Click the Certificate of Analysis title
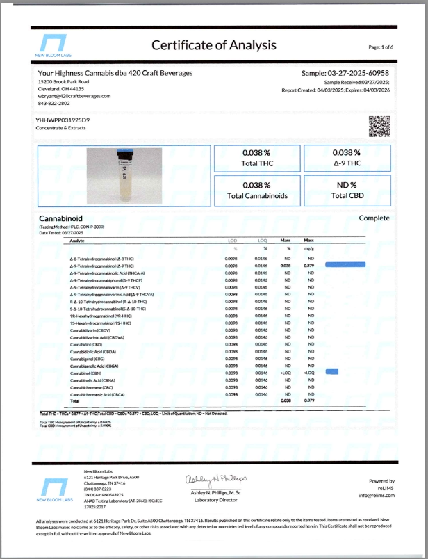click(x=214, y=45)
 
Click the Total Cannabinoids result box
click(x=257, y=191)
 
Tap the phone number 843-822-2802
click(x=56, y=103)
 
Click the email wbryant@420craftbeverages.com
click(x=74, y=96)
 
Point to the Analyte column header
click(x=77, y=240)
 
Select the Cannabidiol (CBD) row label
click(x=83, y=344)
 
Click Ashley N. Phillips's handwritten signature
click(x=215, y=479)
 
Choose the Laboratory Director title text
click(x=215, y=500)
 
